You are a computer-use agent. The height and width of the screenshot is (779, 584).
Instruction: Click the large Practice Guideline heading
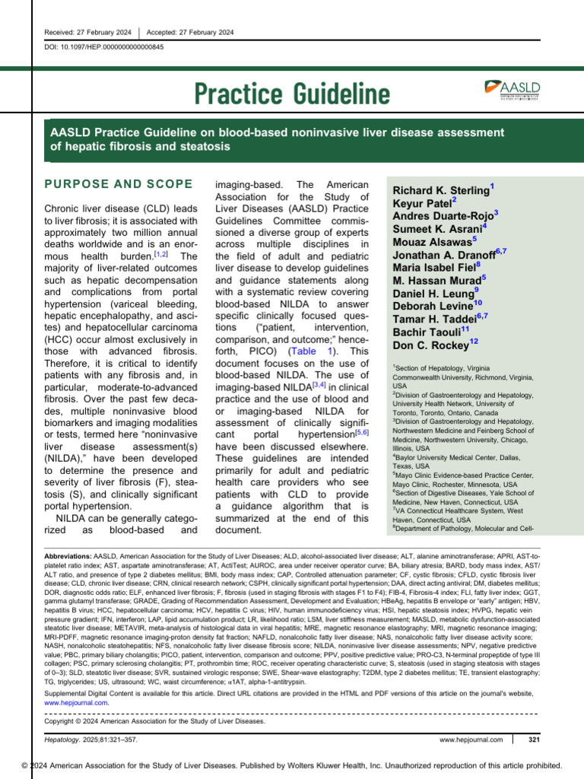click(292, 95)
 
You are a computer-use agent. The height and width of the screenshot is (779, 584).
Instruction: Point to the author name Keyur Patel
click(424, 205)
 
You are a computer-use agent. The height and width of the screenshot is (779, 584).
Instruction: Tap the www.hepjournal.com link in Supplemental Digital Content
click(78, 702)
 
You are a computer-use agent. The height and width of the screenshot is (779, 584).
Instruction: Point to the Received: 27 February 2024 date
click(88, 32)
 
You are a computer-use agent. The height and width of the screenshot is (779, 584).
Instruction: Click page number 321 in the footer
click(533, 739)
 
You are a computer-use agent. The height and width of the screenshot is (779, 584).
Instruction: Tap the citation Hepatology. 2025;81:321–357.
click(93, 739)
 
